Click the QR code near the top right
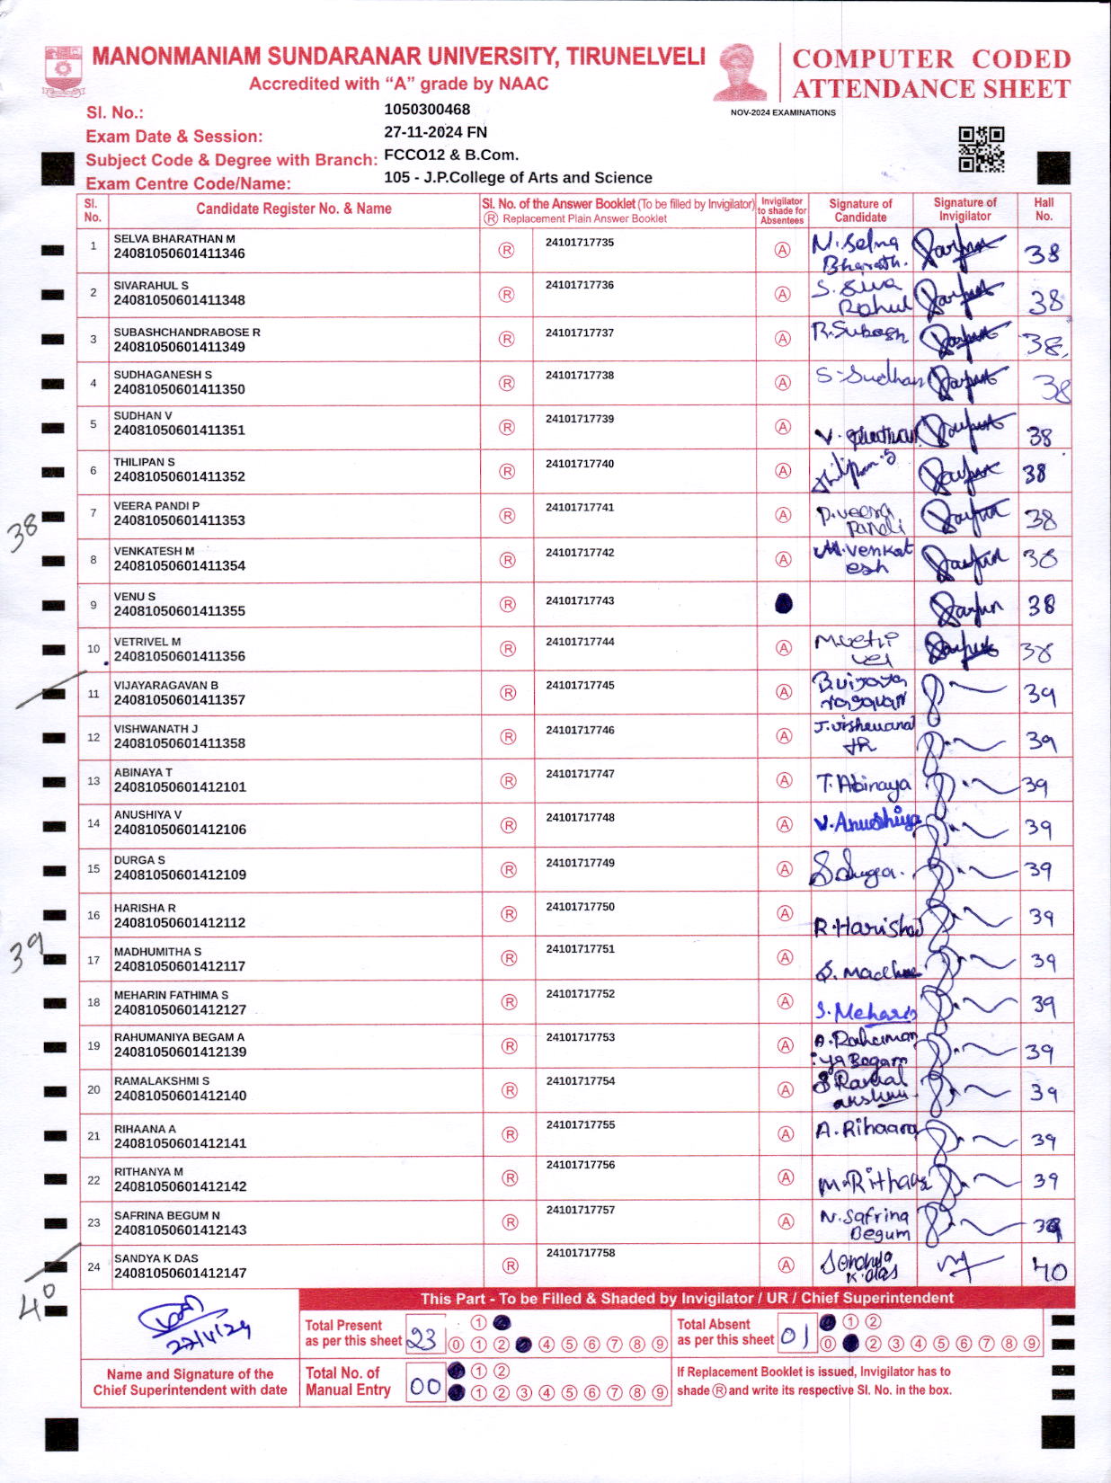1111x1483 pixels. (981, 149)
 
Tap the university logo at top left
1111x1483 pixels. (63, 71)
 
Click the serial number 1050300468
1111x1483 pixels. (427, 110)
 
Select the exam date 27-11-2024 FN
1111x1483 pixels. (435, 132)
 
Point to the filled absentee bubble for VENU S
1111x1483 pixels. (783, 604)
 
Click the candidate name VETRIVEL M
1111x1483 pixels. (147, 642)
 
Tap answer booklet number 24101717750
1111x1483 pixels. (580, 907)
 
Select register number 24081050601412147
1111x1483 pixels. (180, 1273)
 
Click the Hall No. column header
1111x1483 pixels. (1044, 209)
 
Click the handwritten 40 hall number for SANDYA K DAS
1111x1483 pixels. (1048, 1269)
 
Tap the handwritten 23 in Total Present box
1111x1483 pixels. (423, 1340)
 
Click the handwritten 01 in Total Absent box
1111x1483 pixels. (795, 1338)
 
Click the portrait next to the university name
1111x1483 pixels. (742, 72)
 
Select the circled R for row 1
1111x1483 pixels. (506, 251)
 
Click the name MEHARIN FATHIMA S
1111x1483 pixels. (171, 995)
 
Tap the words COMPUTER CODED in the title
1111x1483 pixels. (931, 59)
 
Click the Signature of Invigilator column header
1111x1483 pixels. (964, 209)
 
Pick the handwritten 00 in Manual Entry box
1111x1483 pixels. (425, 1386)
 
